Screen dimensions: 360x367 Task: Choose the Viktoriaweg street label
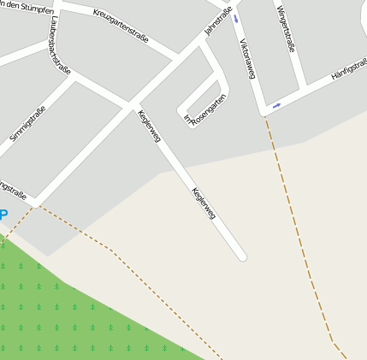point(247,59)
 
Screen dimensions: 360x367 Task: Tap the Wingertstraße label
point(286,29)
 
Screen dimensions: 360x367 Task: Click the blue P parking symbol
point(3,215)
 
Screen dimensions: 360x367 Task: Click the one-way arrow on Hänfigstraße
point(276,106)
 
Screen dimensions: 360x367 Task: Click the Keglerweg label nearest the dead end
point(204,207)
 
